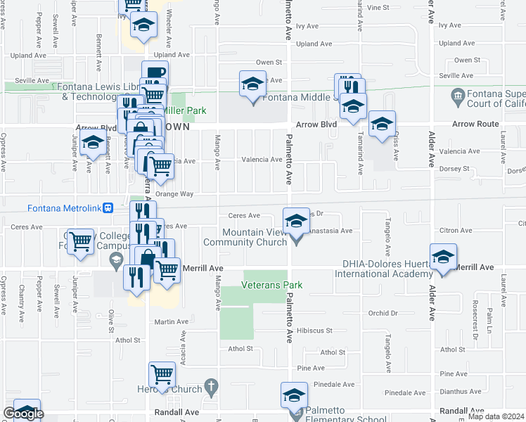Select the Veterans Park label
(x=271, y=285)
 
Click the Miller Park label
(x=185, y=110)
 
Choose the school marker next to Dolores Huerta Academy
(x=443, y=257)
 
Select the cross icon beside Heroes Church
(x=212, y=387)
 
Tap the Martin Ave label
(x=172, y=321)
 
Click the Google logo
(x=23, y=414)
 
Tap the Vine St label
(x=378, y=7)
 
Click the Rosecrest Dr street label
(x=475, y=326)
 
